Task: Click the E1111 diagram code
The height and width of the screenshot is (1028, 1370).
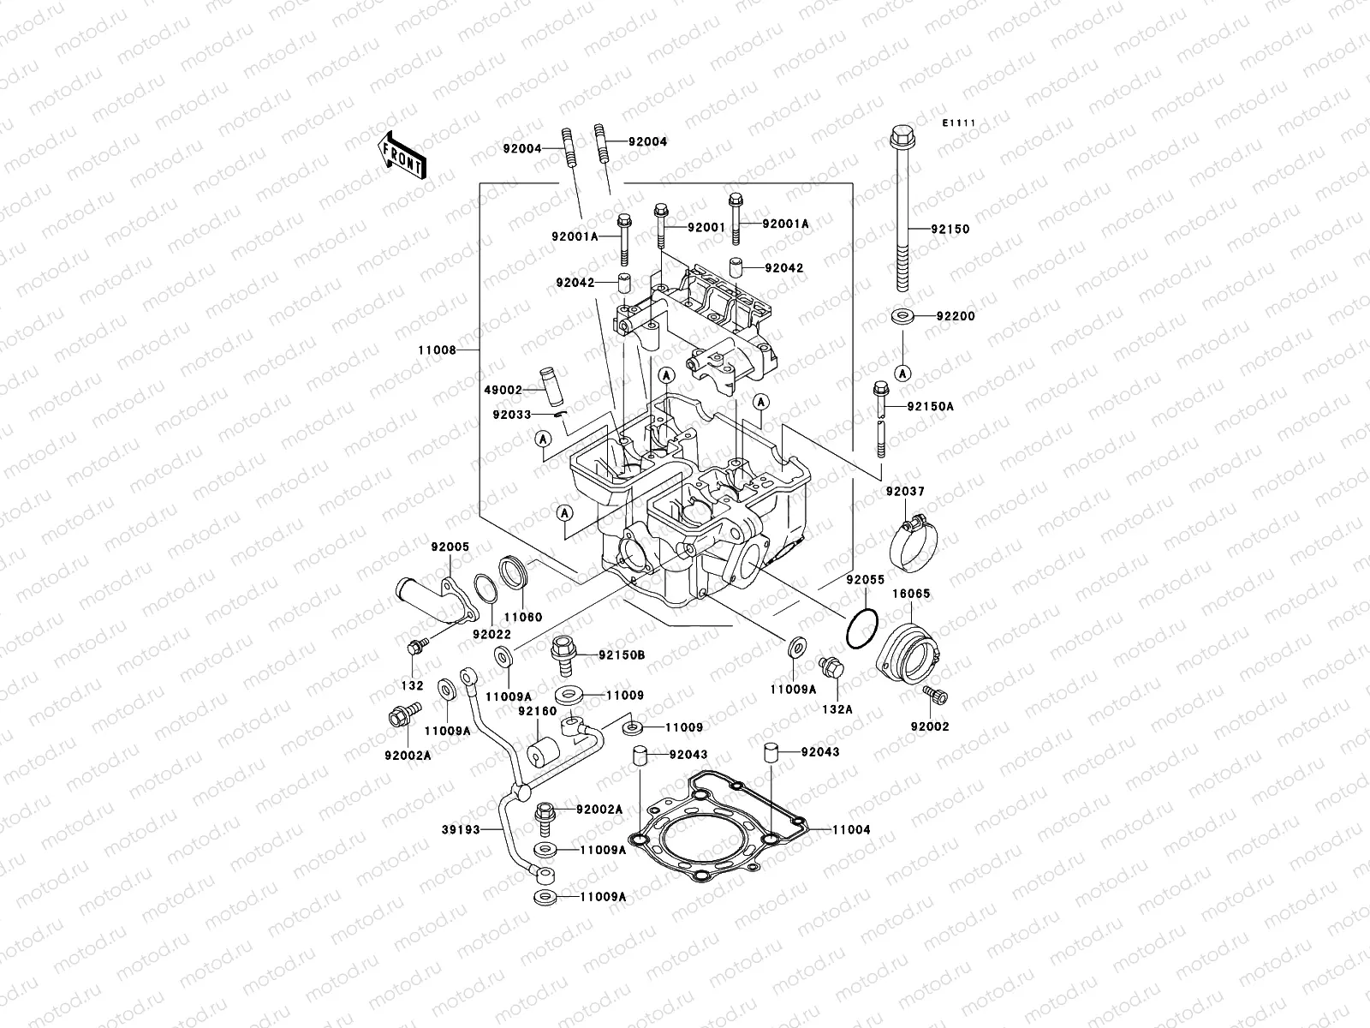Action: tap(960, 123)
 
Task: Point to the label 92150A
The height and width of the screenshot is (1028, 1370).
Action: tap(930, 407)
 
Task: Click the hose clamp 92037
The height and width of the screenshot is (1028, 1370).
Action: tap(910, 544)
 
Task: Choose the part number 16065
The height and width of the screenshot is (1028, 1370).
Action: tap(913, 593)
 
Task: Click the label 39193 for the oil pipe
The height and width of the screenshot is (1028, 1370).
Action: tap(460, 829)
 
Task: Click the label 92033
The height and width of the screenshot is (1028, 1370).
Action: tap(512, 415)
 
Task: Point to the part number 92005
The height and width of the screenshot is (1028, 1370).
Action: tap(450, 546)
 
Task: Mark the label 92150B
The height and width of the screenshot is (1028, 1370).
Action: tap(622, 655)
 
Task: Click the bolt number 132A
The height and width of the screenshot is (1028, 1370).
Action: tap(837, 709)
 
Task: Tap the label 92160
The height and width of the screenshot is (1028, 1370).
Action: tap(537, 710)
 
